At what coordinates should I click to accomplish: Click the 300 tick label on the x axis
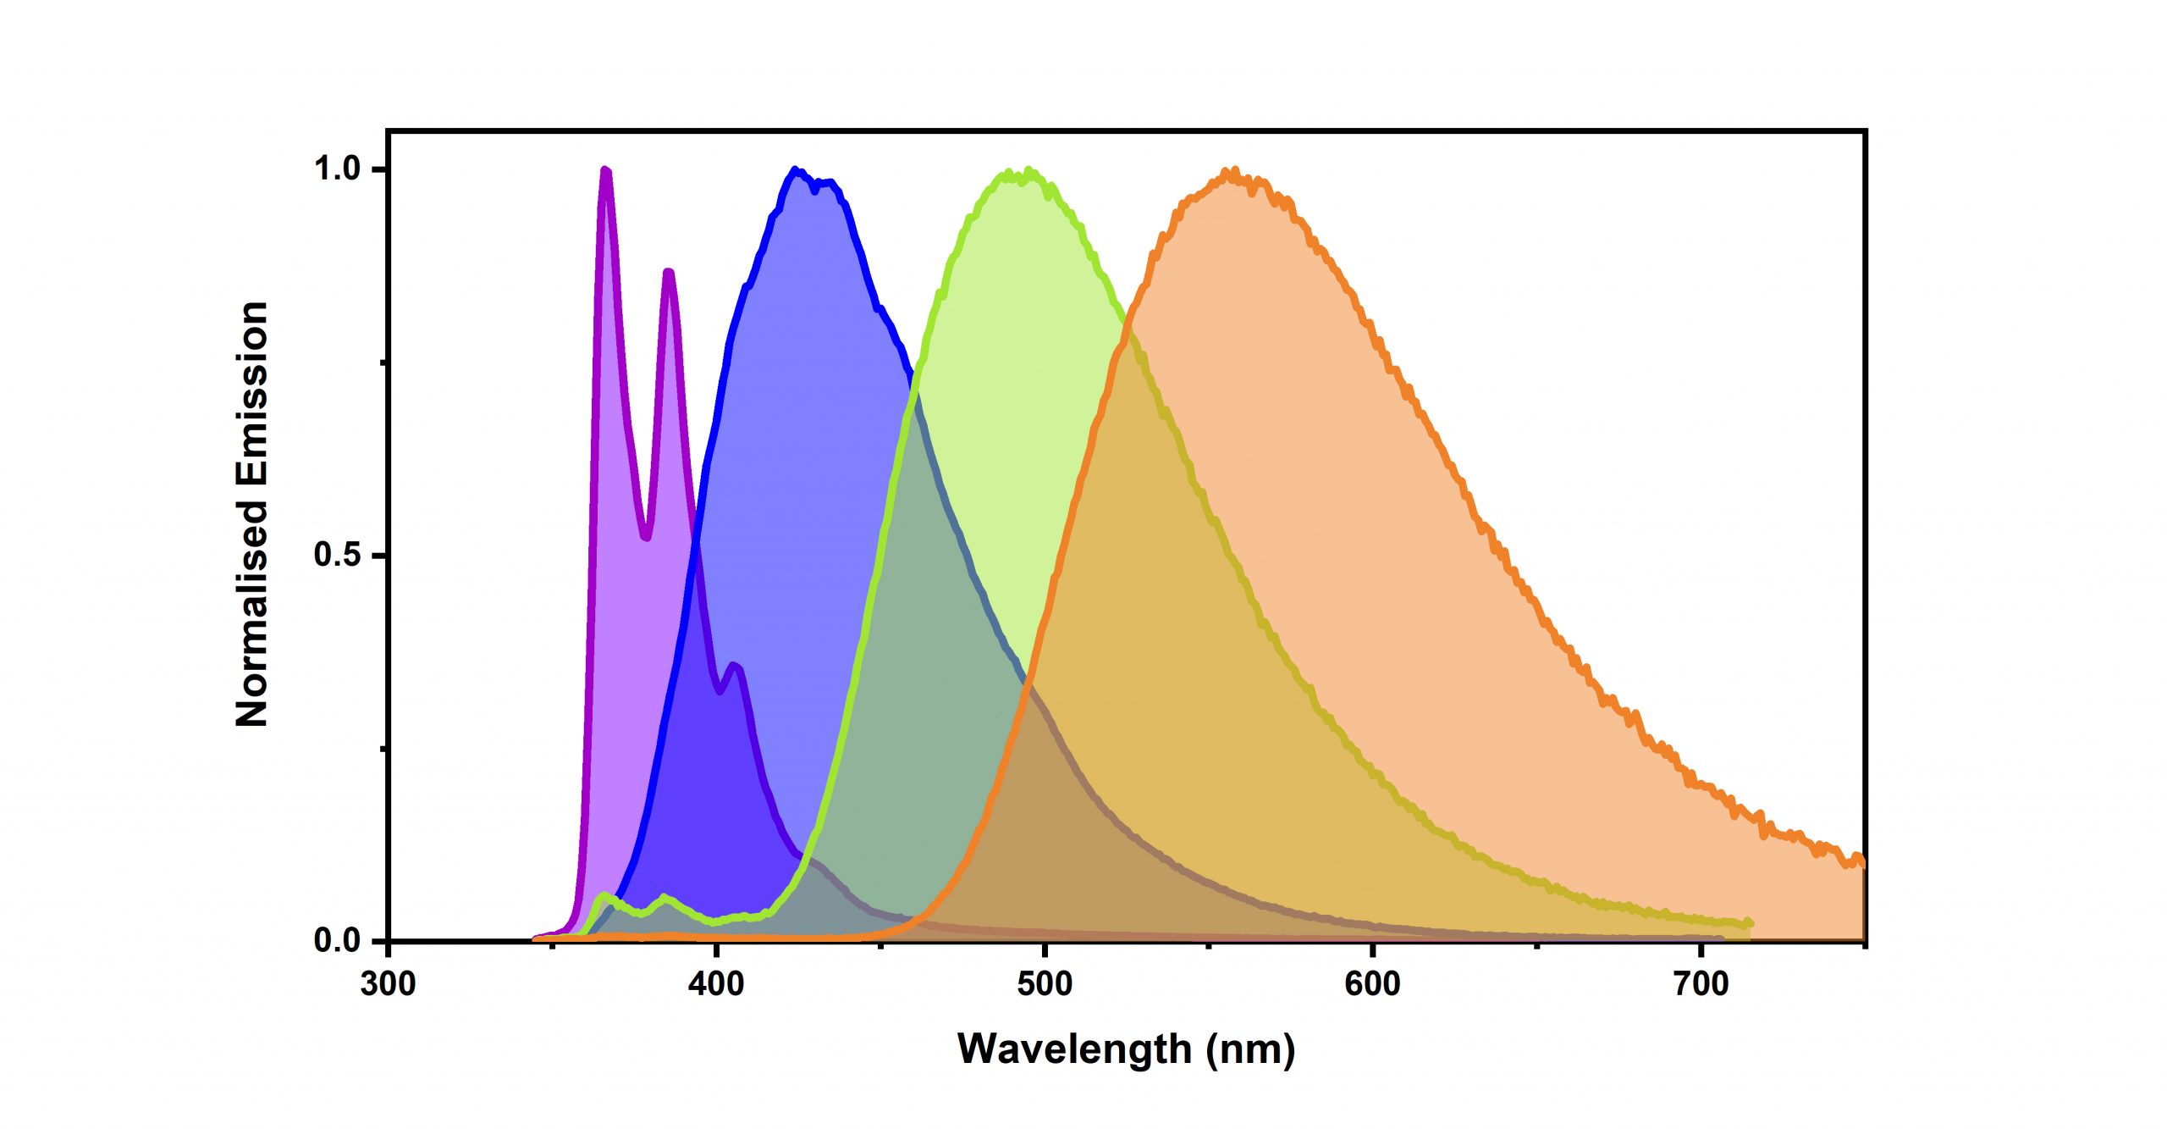point(388,984)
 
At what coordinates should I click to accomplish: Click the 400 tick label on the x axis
point(716,984)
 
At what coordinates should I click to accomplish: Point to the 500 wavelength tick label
point(1045,984)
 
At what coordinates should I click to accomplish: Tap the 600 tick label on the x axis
point(1372,984)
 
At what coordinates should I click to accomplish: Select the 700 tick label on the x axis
point(1701,984)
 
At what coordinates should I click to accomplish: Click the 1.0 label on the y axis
point(337,169)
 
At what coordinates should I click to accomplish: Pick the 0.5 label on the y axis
point(337,555)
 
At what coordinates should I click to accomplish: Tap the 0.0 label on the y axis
point(337,941)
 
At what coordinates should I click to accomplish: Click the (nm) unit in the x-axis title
point(1251,1050)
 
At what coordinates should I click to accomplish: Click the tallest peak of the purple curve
point(605,170)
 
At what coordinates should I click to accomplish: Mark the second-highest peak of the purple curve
point(669,272)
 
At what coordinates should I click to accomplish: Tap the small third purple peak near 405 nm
point(735,666)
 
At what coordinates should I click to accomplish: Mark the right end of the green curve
point(1750,923)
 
